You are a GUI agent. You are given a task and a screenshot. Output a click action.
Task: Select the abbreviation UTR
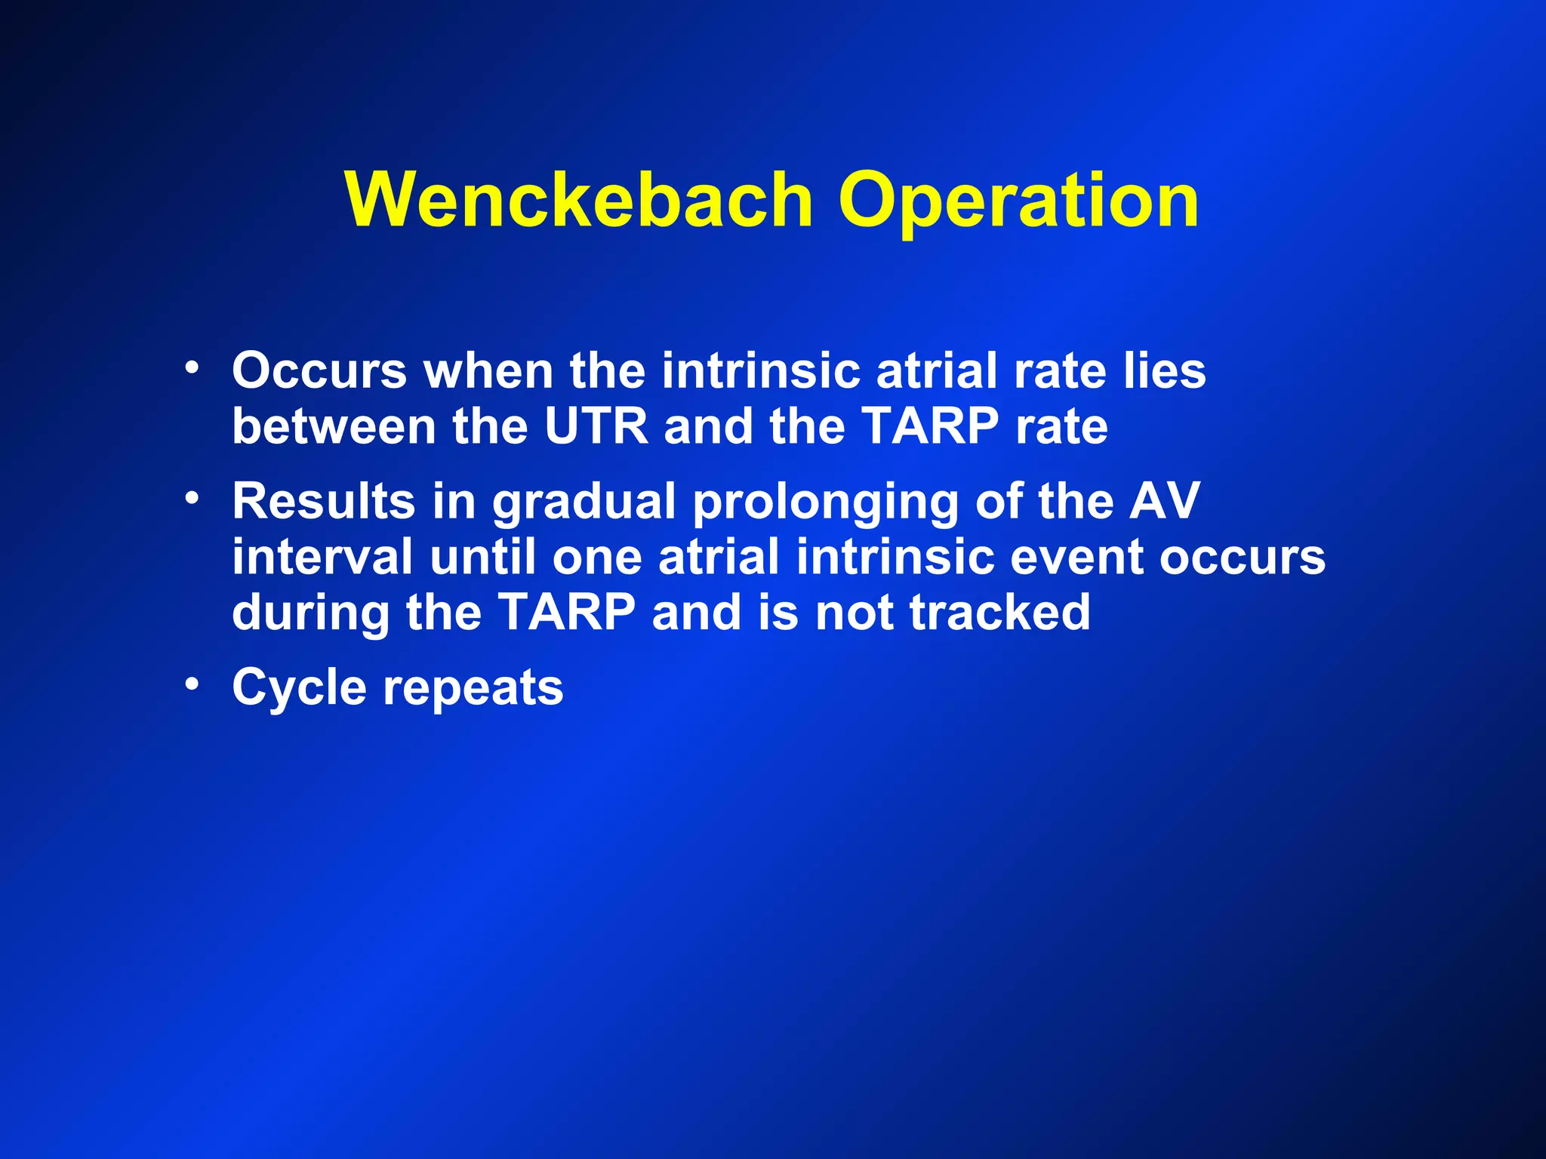pos(596,427)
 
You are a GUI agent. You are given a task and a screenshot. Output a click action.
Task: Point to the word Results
pos(323,501)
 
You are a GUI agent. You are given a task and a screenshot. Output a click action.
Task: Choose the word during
pos(310,613)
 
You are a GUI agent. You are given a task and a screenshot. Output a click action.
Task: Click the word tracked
pos(999,613)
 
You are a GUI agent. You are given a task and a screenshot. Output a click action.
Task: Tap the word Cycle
pos(299,688)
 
